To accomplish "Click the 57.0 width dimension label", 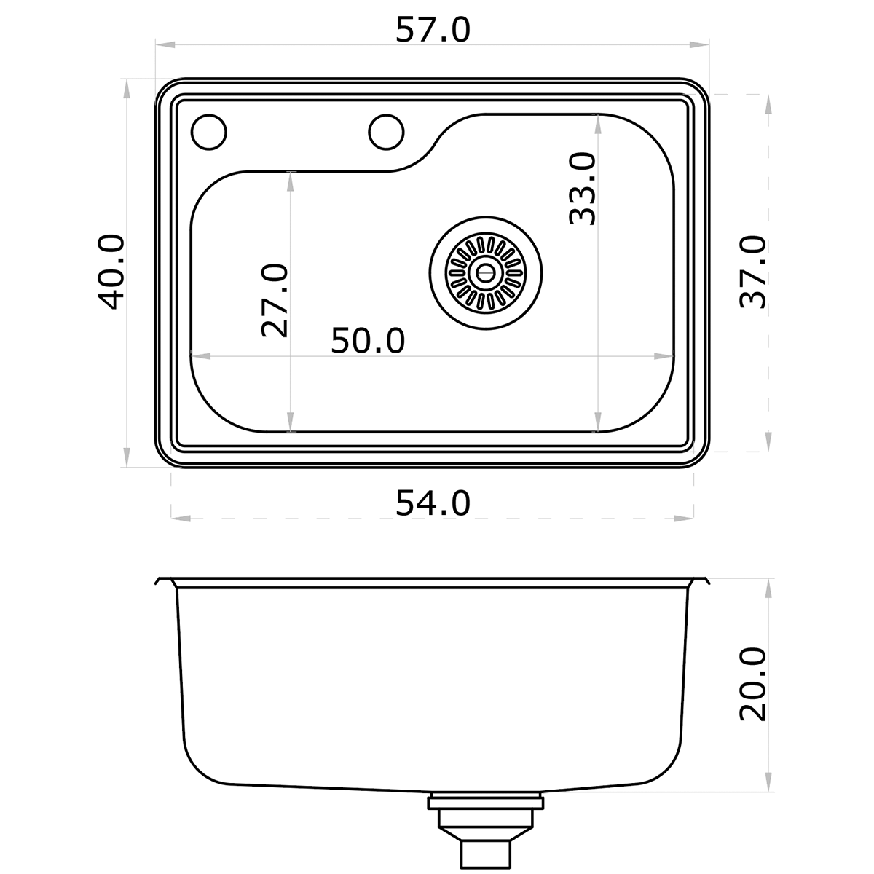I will pyautogui.click(x=433, y=30).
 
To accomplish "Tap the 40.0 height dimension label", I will pyautogui.click(x=111, y=272).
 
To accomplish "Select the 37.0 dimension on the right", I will pyautogui.click(x=752, y=272).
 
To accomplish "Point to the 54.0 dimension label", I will pyautogui.click(x=433, y=503).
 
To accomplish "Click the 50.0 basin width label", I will pyautogui.click(x=368, y=340).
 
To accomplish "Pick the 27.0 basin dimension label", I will pyautogui.click(x=275, y=301).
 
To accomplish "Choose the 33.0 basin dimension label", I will pyautogui.click(x=583, y=188).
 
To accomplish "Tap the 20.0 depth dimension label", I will pyautogui.click(x=752, y=683).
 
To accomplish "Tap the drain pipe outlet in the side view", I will pyautogui.click(x=485, y=830).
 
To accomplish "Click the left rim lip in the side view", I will pyautogui.click(x=163, y=582).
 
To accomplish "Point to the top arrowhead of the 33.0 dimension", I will pyautogui.click(x=598, y=122).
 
